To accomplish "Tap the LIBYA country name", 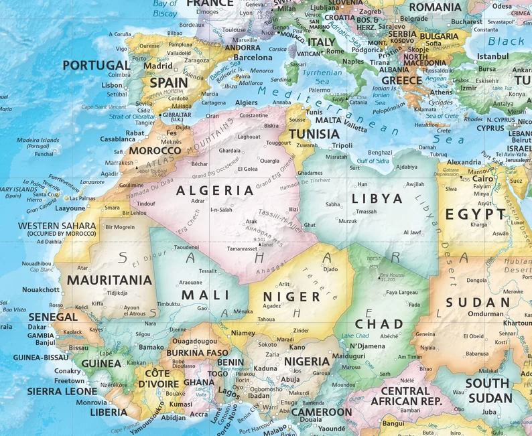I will click(377, 198).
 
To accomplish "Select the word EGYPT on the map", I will click(481, 214).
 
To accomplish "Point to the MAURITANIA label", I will click(110, 279).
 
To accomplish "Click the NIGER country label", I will click(291, 296).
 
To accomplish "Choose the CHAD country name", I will click(379, 324).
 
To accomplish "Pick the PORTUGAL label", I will click(96, 65).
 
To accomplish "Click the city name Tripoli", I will click(342, 145).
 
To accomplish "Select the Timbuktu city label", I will click(169, 303).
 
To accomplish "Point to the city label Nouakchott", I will click(41, 289).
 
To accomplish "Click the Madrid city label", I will click(158, 66).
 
